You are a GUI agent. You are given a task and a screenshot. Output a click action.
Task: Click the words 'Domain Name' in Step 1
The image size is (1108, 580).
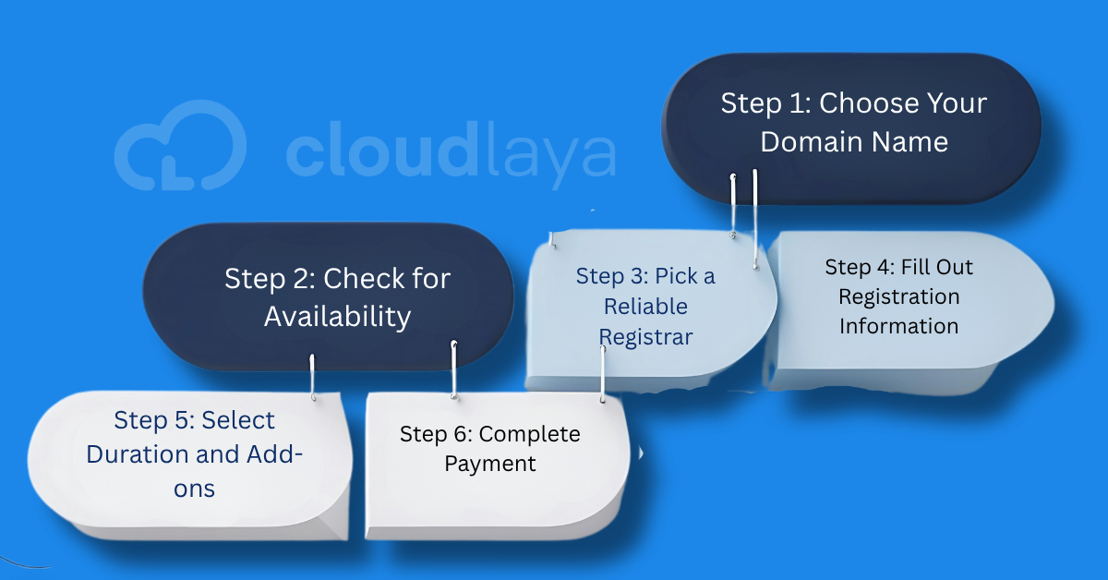coord(853,141)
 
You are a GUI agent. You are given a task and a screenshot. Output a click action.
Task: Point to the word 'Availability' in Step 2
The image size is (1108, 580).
coord(337,317)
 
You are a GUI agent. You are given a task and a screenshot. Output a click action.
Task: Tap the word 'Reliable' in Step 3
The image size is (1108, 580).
coord(645,307)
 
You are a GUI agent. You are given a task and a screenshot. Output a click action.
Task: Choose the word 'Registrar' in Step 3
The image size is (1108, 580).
coord(645,337)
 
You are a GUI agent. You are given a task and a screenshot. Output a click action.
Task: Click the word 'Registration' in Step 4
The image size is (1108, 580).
coord(898,296)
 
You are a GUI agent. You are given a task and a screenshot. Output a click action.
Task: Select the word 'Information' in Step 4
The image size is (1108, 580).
coord(898,326)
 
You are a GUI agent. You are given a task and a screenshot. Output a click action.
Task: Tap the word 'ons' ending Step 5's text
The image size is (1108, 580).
coord(194,488)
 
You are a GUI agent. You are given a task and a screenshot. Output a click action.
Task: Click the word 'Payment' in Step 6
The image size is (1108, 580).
coord(490,464)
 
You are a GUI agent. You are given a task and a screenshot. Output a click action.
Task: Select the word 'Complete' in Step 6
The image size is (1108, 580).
coord(529,434)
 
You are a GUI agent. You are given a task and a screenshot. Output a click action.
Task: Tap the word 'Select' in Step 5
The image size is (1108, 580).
coord(238,420)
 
